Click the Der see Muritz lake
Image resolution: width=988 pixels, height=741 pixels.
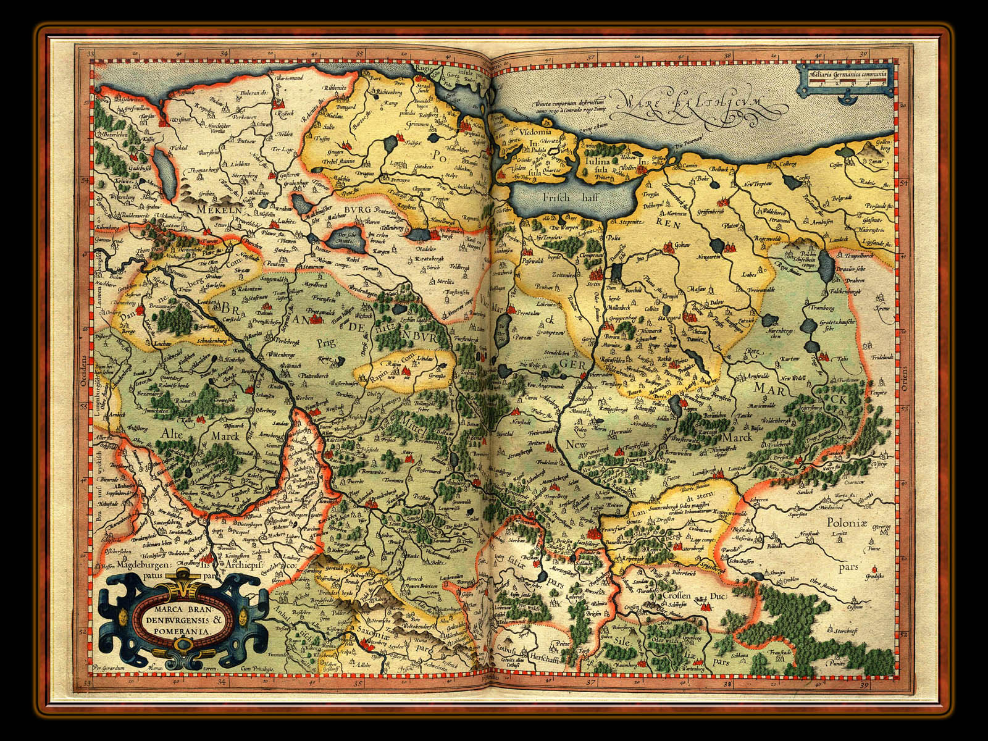(340, 238)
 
